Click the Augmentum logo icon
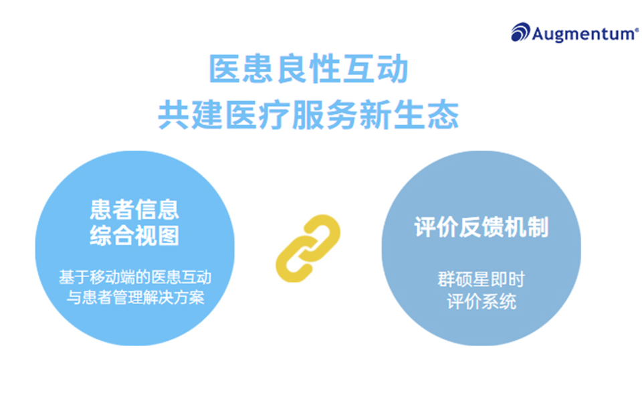click(x=521, y=32)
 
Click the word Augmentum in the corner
click(x=583, y=33)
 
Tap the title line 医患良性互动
click(x=308, y=70)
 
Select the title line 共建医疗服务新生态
click(x=308, y=114)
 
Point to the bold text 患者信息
click(x=134, y=210)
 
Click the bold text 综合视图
click(x=134, y=236)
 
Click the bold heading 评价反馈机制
click(x=481, y=228)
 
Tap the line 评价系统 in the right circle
click(x=481, y=301)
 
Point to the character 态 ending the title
click(x=443, y=114)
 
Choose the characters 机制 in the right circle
click(x=526, y=228)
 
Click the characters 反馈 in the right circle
click(x=481, y=228)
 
